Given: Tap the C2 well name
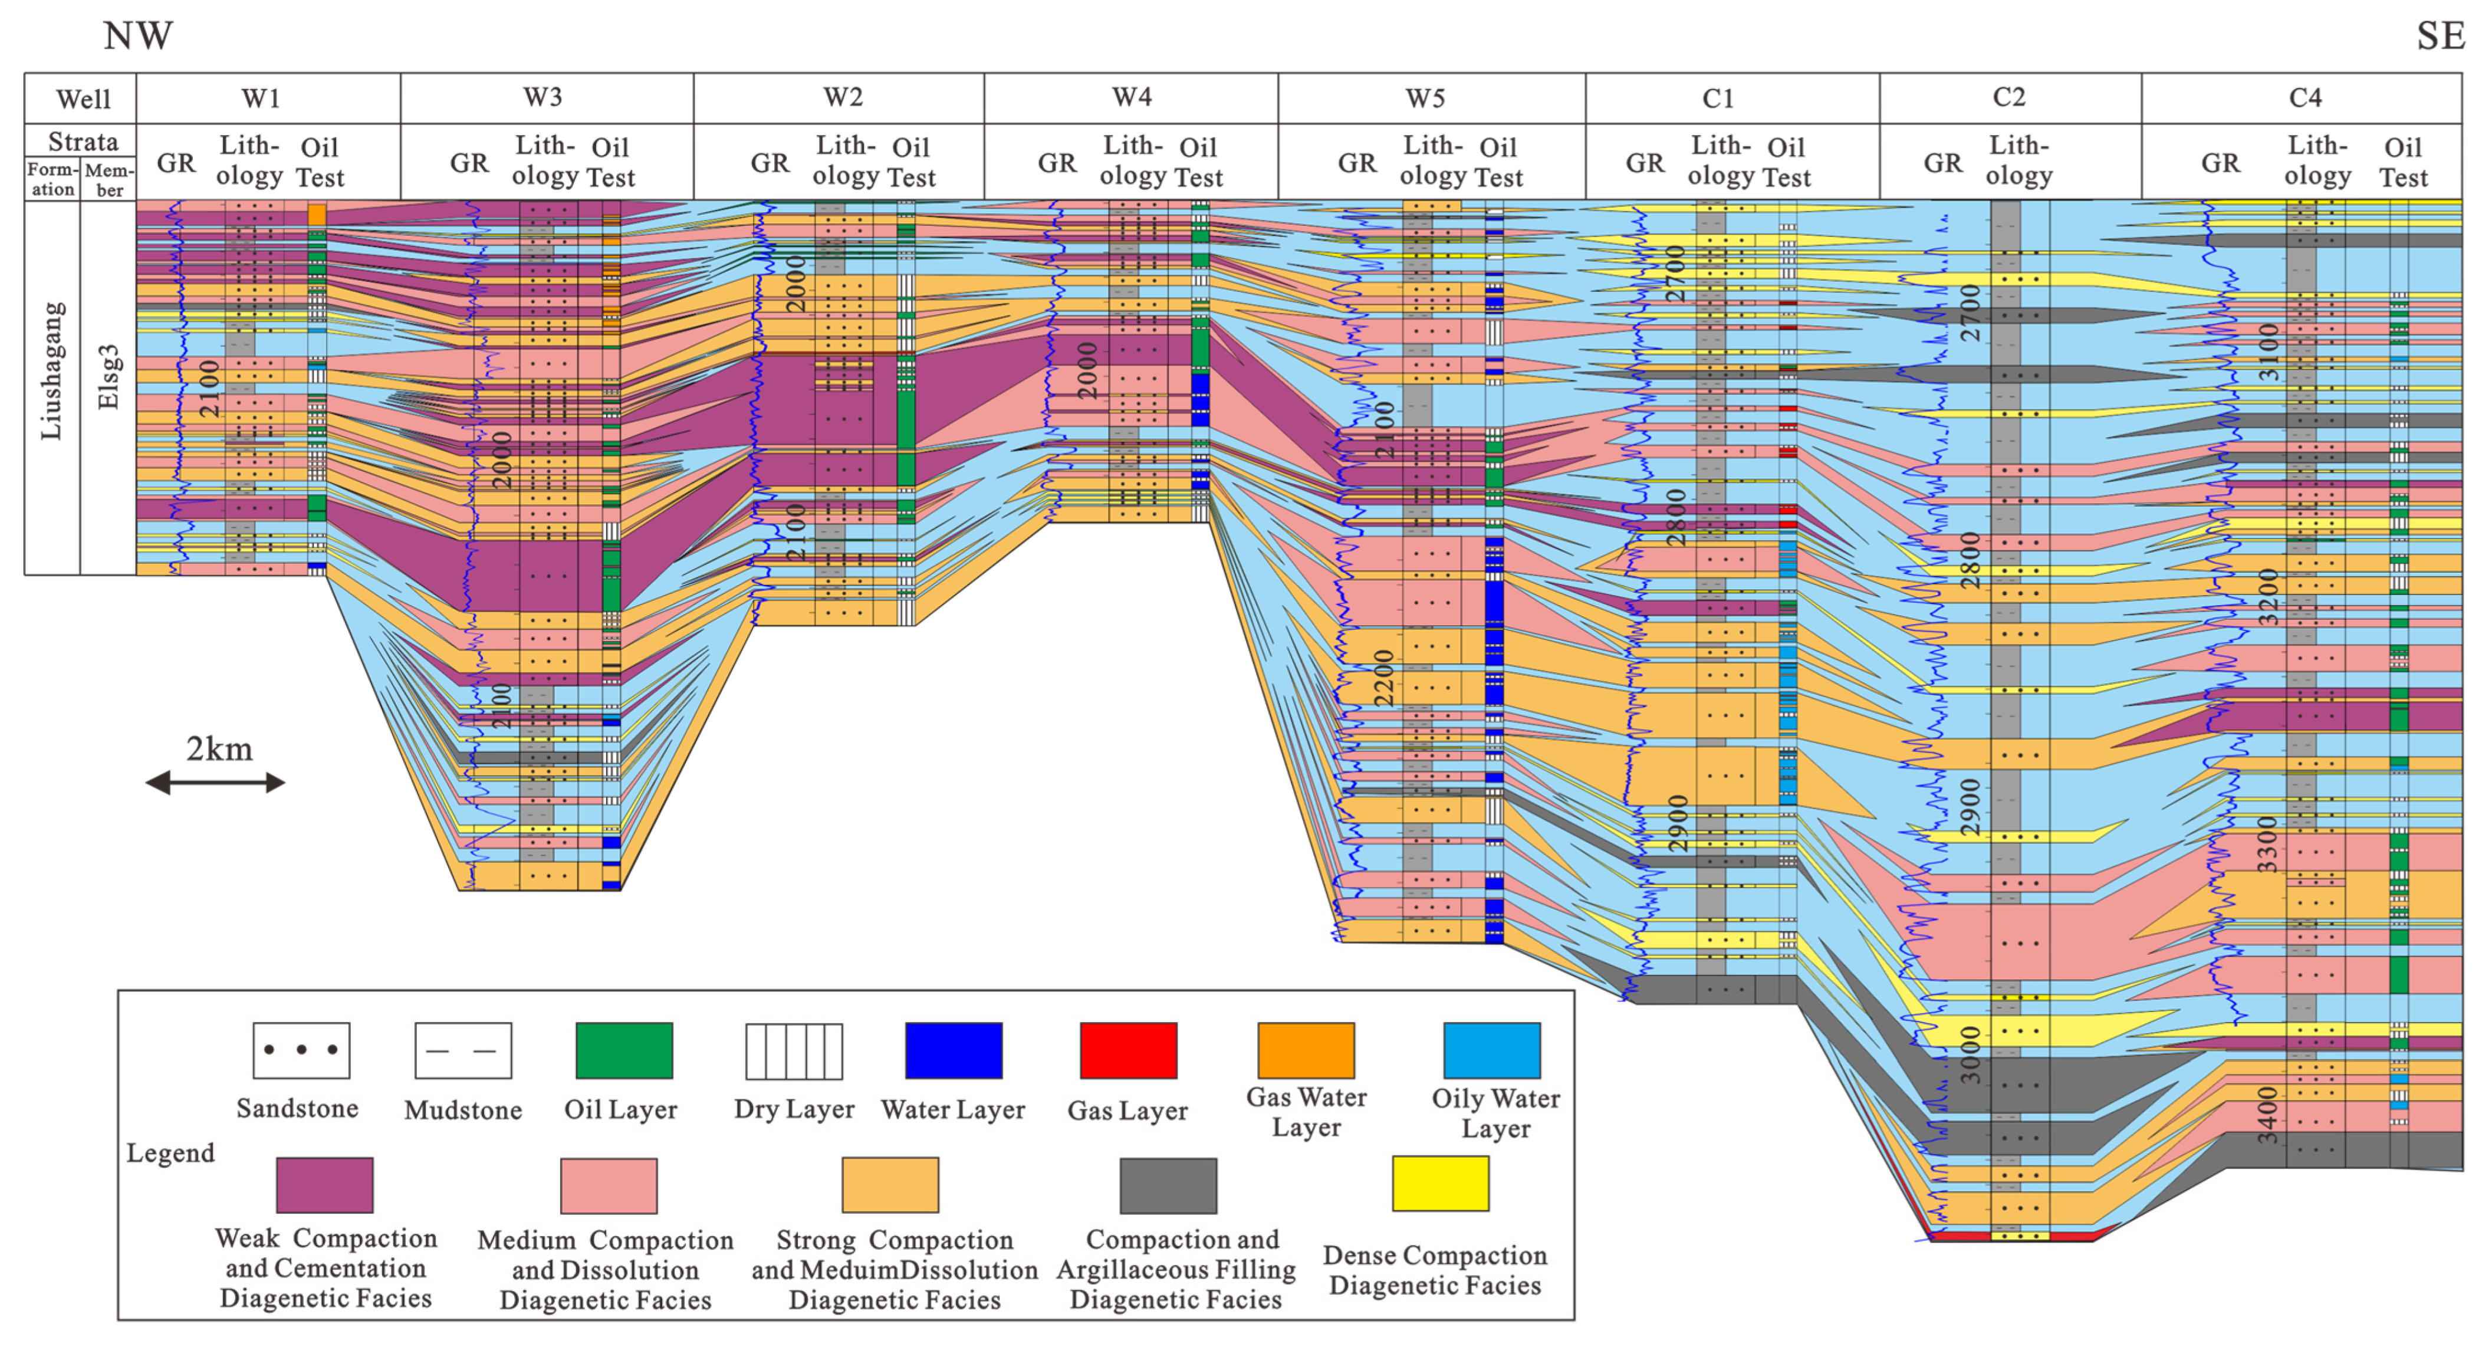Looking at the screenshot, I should (x=2009, y=97).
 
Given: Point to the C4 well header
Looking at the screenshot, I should (x=2305, y=97).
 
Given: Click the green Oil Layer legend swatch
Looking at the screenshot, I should (x=623, y=1050).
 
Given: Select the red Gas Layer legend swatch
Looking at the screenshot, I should (x=1128, y=1050).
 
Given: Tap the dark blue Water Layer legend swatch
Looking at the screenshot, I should (x=953, y=1050).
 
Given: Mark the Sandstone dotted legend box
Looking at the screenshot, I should (x=301, y=1050).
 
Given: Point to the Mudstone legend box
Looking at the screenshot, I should (x=462, y=1050).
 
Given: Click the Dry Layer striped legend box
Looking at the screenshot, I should (x=793, y=1051).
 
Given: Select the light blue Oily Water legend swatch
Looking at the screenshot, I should (x=1491, y=1050).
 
